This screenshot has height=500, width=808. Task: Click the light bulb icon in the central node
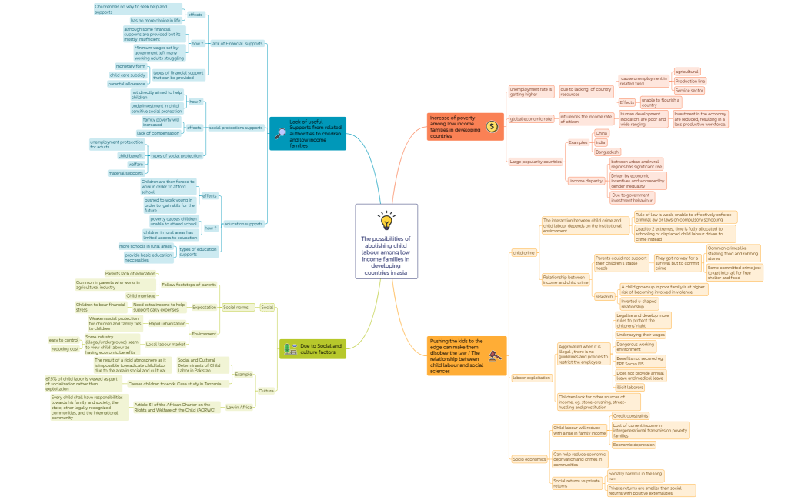tap(386, 220)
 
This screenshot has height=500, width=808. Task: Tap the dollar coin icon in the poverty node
tap(492, 126)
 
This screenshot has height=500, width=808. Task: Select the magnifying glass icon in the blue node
tap(281, 133)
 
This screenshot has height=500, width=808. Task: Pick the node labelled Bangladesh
tap(606, 152)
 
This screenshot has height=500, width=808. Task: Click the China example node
tap(601, 133)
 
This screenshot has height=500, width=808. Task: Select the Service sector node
tap(689, 91)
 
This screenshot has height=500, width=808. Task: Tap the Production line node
tap(689, 81)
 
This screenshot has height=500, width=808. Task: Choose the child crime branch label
tap(523, 252)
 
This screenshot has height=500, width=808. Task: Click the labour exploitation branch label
tap(531, 378)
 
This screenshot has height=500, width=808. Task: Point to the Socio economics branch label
tap(529, 459)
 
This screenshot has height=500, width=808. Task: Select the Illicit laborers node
tap(630, 387)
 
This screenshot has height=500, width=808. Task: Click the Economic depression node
tap(633, 445)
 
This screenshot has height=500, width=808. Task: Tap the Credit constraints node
tap(630, 415)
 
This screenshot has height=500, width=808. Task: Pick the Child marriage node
tap(141, 295)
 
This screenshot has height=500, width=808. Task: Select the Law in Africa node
tap(239, 407)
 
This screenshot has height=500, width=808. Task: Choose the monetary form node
tap(130, 66)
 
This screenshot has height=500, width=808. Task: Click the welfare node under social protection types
tap(135, 164)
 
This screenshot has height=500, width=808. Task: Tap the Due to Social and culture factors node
tap(312, 348)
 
